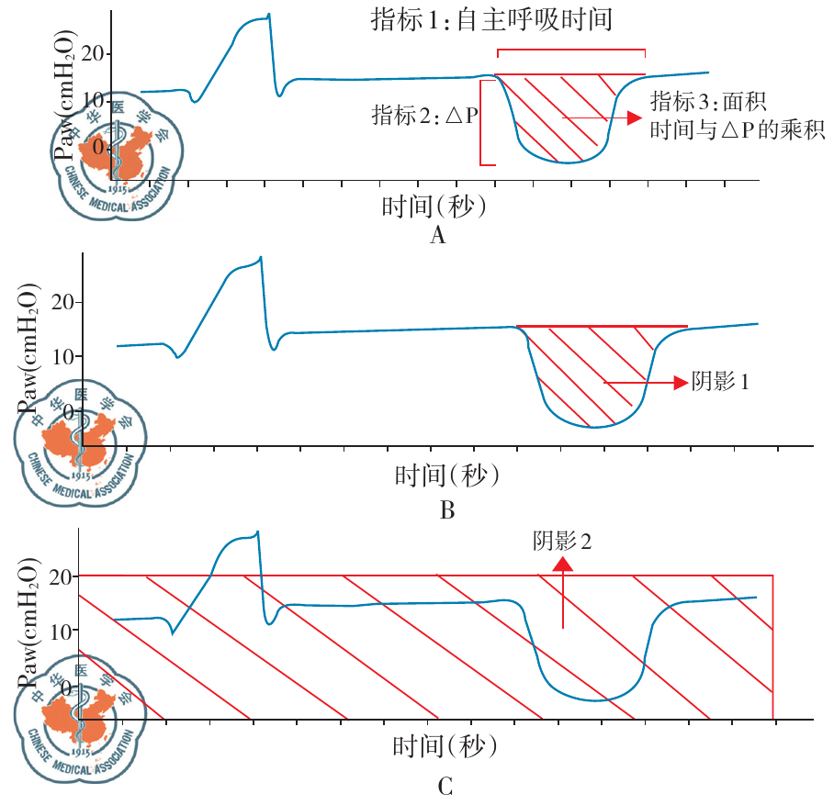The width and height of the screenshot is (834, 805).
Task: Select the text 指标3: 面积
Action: (708, 100)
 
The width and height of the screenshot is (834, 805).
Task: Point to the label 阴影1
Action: (720, 382)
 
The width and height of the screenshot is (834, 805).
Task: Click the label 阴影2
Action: (563, 541)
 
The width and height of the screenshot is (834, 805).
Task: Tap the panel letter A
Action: (437, 236)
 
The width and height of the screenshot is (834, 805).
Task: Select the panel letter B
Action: (447, 510)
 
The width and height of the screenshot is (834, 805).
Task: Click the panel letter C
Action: (444, 787)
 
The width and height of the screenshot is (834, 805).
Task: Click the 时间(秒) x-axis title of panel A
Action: (434, 207)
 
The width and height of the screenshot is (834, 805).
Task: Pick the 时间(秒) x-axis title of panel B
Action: (446, 475)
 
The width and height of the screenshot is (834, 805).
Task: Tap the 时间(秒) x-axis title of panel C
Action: (445, 744)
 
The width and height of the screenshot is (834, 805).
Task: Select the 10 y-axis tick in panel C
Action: (67, 631)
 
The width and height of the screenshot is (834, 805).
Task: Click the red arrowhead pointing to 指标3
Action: (632, 117)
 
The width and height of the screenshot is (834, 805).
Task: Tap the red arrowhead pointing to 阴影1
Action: (679, 382)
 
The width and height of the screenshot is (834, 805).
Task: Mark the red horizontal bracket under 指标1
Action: (570, 50)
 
